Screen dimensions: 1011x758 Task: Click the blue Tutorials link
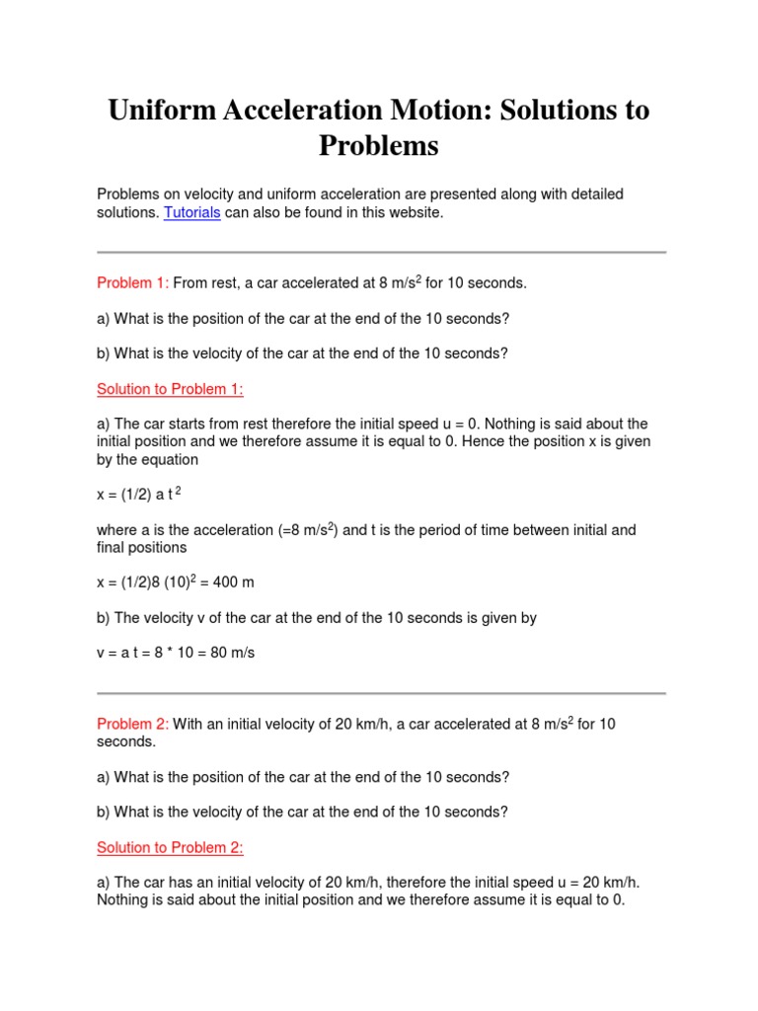click(191, 213)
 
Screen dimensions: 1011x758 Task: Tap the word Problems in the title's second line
click(378, 146)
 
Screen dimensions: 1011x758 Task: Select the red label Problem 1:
click(132, 283)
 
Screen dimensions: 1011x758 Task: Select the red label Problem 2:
click(132, 725)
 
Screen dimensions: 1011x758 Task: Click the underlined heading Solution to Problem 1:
click(170, 389)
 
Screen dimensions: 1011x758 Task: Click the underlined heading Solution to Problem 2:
click(170, 848)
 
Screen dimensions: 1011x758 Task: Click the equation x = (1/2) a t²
click(138, 495)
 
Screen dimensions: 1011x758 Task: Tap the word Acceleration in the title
click(311, 111)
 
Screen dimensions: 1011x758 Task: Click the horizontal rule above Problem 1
click(381, 252)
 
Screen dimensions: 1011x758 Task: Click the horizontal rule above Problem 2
click(381, 693)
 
